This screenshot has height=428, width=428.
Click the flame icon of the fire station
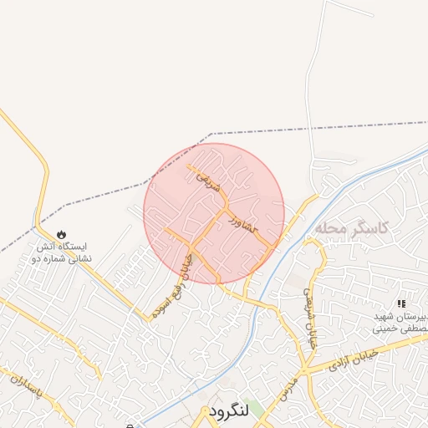pyautogui.click(x=60, y=235)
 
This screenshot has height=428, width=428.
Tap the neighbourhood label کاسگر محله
pyautogui.click(x=354, y=227)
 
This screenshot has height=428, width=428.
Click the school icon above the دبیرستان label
pyautogui.click(x=401, y=303)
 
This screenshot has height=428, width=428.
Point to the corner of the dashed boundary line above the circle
pyautogui.click(x=211, y=134)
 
